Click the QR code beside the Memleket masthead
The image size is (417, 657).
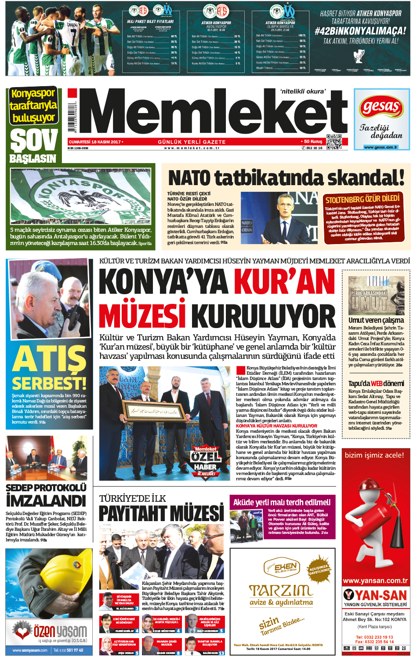point(334,142)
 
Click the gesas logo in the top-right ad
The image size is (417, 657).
point(381,107)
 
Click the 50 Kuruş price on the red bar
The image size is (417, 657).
point(312,142)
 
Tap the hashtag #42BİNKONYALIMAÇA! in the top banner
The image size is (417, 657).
point(360,31)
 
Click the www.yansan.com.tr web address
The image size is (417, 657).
point(375,580)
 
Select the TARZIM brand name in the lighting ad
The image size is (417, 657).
point(281,590)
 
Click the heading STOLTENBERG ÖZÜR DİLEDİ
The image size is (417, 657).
point(362,199)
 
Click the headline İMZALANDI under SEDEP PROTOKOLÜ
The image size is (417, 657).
point(46,500)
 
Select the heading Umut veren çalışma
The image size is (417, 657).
point(376,320)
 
